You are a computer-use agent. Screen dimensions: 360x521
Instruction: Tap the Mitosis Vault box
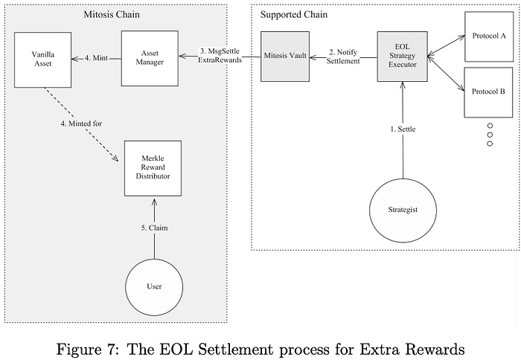[x=287, y=57]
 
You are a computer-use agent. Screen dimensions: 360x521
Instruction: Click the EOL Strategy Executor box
[x=403, y=57]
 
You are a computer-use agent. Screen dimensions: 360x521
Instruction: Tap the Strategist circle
[x=403, y=209]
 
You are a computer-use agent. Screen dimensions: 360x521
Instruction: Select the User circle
[x=154, y=286]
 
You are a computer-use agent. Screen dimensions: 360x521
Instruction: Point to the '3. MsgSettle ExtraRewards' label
[x=220, y=55]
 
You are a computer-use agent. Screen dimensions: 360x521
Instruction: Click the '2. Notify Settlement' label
[x=344, y=56]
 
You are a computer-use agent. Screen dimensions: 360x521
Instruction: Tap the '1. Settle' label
[x=403, y=129]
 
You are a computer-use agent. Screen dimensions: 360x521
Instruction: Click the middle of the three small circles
[x=490, y=135]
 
